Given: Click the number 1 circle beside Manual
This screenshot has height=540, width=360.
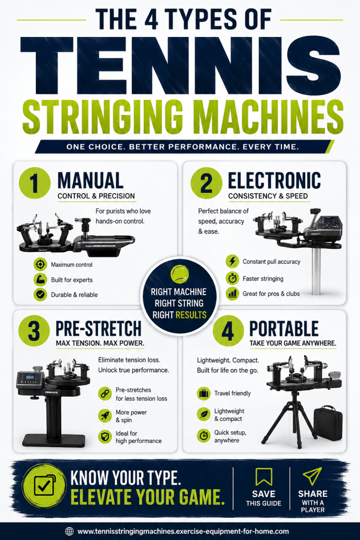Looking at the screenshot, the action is click(x=34, y=183).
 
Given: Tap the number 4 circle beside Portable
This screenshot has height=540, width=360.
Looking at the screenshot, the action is click(x=228, y=331).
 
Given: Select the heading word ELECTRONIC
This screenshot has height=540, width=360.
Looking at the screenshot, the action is click(x=274, y=180).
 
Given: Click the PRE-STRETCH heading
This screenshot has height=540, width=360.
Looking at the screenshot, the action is click(x=99, y=328).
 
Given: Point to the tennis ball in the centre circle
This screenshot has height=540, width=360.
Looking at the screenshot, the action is click(x=180, y=274).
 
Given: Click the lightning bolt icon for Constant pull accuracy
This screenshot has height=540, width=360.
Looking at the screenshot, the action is click(x=232, y=262).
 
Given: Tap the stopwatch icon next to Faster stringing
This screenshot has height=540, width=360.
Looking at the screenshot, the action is click(x=232, y=277).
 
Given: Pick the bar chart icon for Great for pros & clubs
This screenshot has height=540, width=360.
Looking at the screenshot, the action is click(x=232, y=293).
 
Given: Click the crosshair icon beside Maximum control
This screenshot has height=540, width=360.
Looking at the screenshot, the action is click(x=40, y=265).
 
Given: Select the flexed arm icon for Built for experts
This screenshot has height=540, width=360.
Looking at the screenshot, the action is click(x=40, y=279).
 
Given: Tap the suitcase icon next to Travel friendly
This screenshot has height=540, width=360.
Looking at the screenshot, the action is click(x=204, y=393).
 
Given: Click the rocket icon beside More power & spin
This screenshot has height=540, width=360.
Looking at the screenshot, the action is click(x=105, y=416).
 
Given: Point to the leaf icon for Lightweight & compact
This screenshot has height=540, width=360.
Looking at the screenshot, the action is click(x=204, y=414).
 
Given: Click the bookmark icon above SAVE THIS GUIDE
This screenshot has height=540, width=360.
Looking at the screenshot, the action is click(x=264, y=476).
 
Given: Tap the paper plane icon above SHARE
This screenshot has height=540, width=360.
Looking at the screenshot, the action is click(x=312, y=476).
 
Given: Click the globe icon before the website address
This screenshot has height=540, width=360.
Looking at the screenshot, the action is click(x=69, y=532).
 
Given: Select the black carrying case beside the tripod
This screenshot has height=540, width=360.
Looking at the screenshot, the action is click(x=328, y=423).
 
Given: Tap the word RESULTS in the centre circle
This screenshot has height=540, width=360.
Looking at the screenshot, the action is click(x=191, y=315).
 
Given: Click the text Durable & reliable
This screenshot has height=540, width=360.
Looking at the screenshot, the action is click(x=74, y=295).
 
